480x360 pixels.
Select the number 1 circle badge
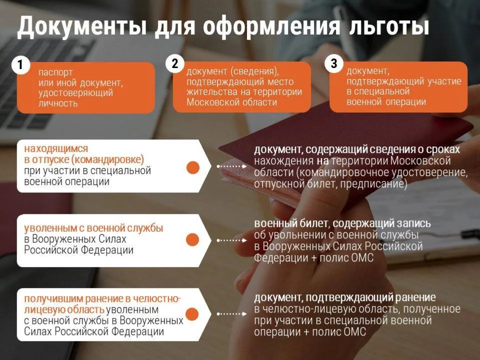click(x=20, y=65)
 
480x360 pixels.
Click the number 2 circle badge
click(x=174, y=64)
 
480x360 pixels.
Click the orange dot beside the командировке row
click(x=192, y=167)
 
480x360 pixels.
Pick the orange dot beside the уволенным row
click(x=192, y=240)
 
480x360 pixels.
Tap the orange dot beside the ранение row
click(x=192, y=313)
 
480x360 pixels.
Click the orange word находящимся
click(x=56, y=148)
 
